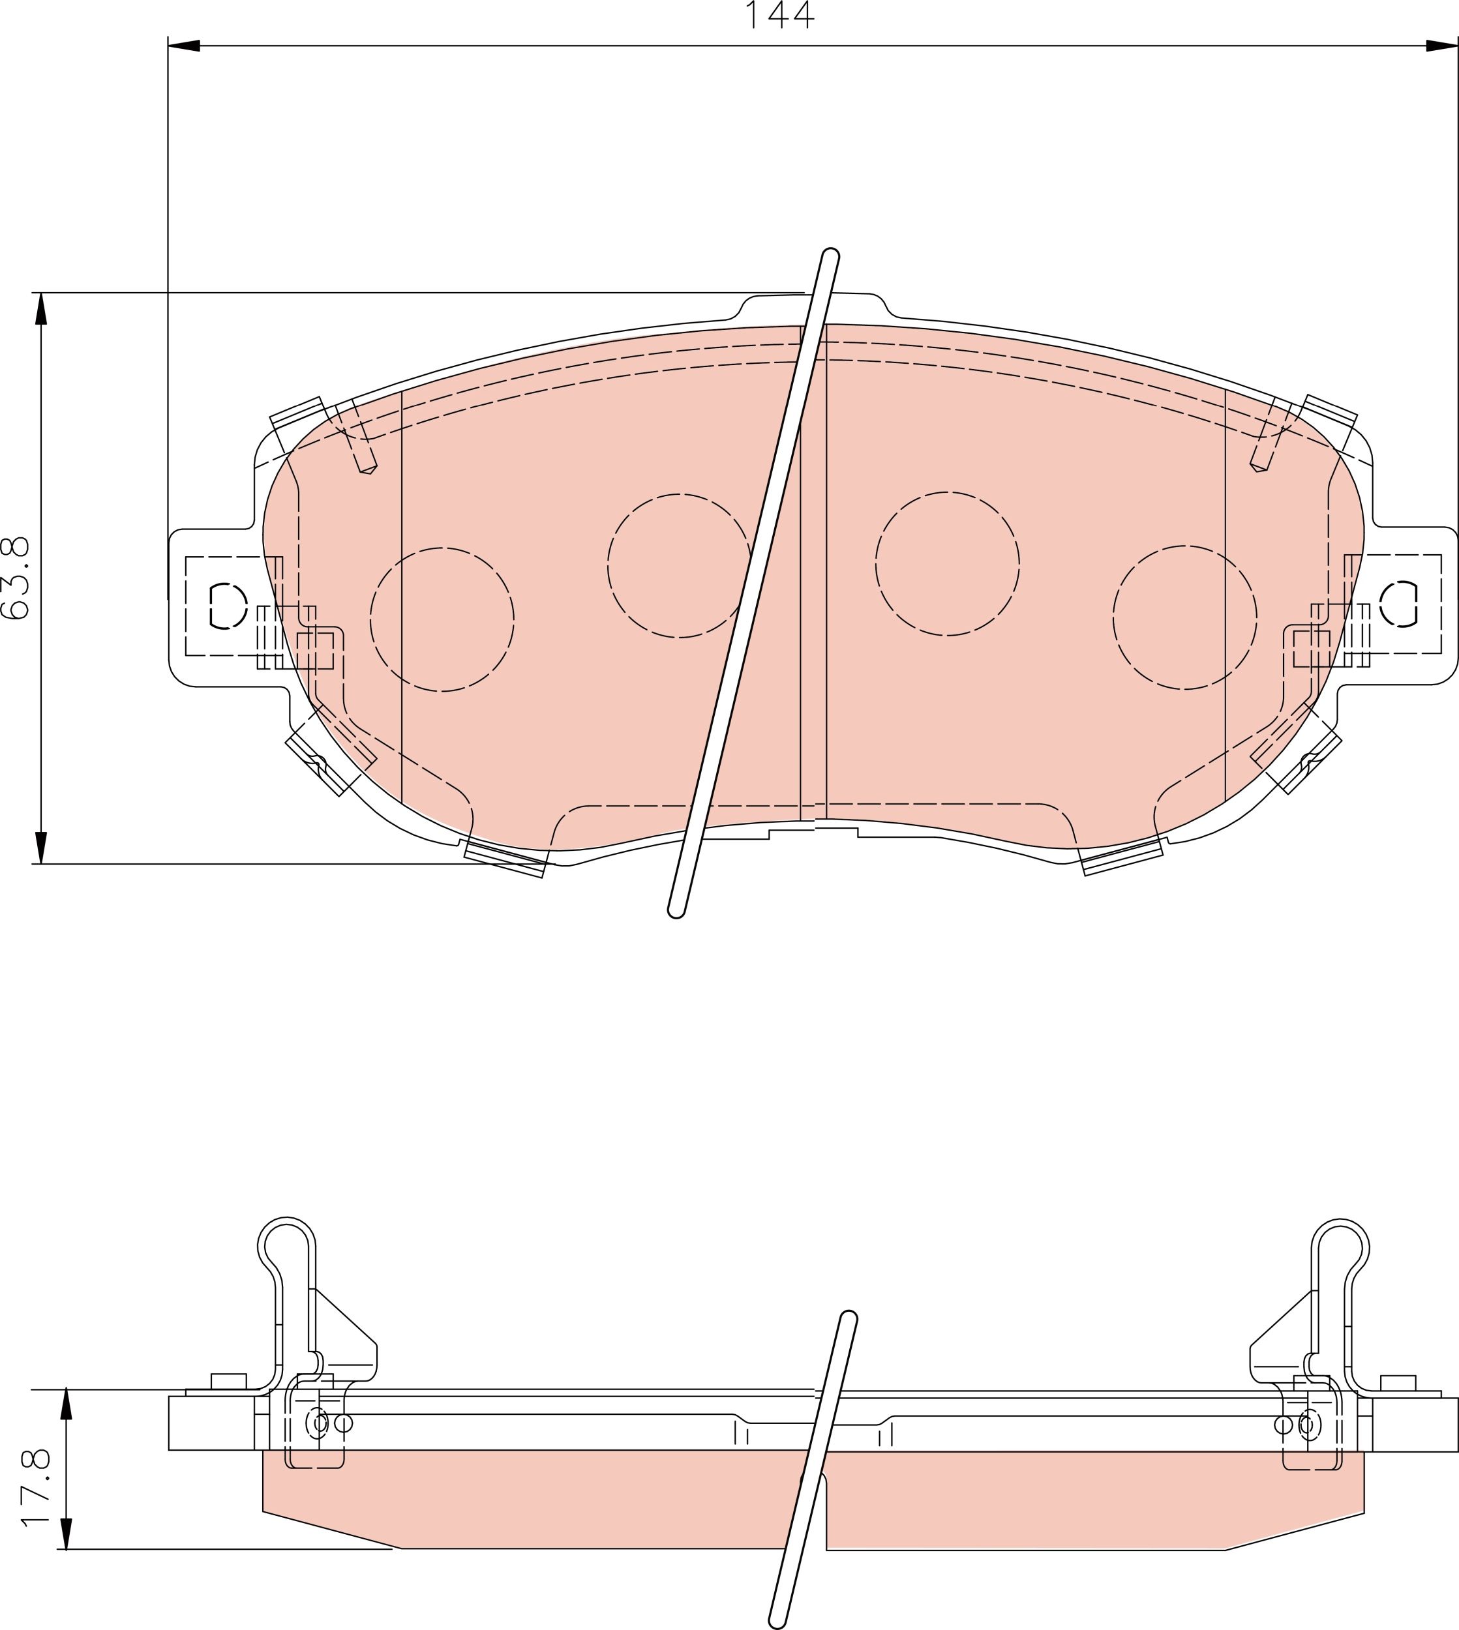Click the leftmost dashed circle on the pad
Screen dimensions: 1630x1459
[x=442, y=619]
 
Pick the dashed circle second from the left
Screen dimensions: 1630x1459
[x=679, y=566]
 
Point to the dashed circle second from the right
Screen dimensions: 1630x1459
[x=947, y=564]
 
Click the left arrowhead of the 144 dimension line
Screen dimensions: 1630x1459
[x=183, y=46]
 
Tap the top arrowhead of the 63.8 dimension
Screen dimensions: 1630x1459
[x=42, y=308]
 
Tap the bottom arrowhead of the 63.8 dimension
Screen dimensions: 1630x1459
[x=42, y=848]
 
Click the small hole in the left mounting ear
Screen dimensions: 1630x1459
[x=228, y=606]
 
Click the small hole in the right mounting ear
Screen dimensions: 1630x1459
[x=1399, y=604]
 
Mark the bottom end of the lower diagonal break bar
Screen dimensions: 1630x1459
[x=776, y=1623]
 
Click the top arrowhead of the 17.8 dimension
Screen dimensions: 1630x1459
[x=67, y=1403]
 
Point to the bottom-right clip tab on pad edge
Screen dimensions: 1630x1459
[x=1122, y=858]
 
